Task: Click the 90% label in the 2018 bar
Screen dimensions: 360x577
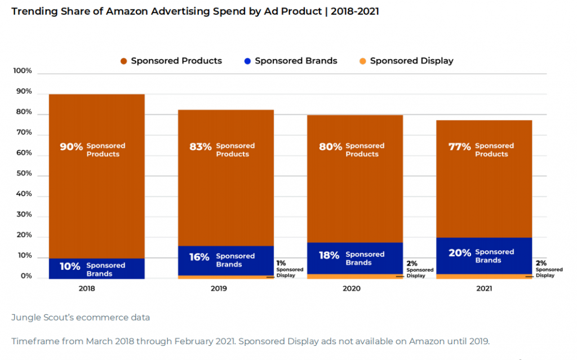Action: point(72,147)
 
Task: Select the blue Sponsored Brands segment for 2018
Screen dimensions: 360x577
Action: point(96,268)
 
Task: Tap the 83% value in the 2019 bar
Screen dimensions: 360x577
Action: point(201,147)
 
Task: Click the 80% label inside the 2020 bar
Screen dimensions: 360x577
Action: point(330,147)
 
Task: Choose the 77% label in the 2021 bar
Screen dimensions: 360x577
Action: point(460,147)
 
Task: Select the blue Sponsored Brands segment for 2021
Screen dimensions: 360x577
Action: point(484,255)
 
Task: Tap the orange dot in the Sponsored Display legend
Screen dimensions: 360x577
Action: point(362,61)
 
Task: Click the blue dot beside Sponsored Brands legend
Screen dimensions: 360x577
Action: point(247,61)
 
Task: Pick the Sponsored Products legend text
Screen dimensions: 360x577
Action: point(176,61)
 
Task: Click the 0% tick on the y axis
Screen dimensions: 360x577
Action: point(26,277)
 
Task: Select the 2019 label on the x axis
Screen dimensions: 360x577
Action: point(225,288)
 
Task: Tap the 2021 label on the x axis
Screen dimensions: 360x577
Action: point(483,288)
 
